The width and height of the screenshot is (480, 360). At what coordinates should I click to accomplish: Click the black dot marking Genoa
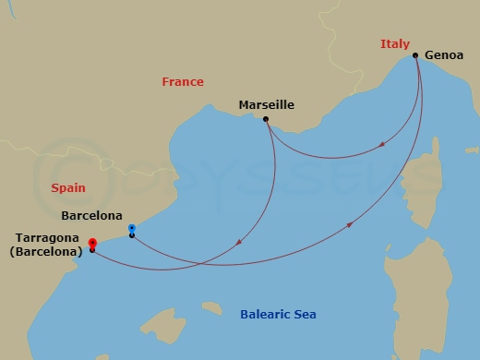pyautogui.click(x=415, y=55)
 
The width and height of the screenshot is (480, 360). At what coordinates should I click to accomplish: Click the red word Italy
pyautogui.click(x=394, y=44)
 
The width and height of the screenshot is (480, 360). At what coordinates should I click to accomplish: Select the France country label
pyautogui.click(x=183, y=82)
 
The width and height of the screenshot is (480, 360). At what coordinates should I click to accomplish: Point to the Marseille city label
pyautogui.click(x=266, y=105)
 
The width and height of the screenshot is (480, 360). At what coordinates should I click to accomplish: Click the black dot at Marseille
pyautogui.click(x=266, y=119)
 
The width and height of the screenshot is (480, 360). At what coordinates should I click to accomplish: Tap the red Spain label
pyautogui.click(x=68, y=187)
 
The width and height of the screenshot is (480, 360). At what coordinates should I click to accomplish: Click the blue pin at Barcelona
pyautogui.click(x=132, y=228)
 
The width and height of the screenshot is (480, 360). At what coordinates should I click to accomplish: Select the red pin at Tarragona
pyautogui.click(x=92, y=243)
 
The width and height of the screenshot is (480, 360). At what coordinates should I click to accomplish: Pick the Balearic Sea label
pyautogui.click(x=278, y=315)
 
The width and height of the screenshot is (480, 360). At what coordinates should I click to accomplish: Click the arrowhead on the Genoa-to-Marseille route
pyautogui.click(x=381, y=144)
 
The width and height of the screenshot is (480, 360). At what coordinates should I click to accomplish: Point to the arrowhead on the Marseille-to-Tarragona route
pyautogui.click(x=239, y=243)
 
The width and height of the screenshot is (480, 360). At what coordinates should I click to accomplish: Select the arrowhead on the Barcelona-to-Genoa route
pyautogui.click(x=349, y=224)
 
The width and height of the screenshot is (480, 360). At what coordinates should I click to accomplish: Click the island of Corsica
pyautogui.click(x=427, y=185)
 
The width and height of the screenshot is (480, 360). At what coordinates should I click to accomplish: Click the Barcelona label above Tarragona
pyautogui.click(x=90, y=216)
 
